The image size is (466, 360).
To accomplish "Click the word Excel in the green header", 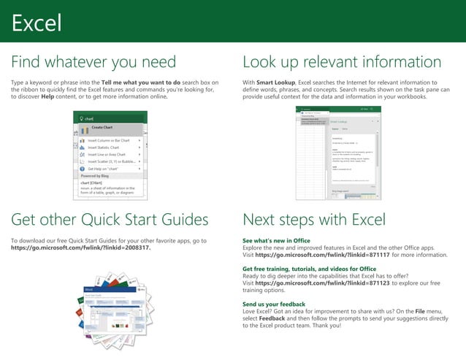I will pyautogui.click(x=35, y=23).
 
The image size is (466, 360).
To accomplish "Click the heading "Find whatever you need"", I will pyautogui.click(x=93, y=61).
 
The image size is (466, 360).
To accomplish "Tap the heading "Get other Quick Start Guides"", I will pyautogui.click(x=110, y=220).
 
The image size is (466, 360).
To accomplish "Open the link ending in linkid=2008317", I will pyautogui.click(x=81, y=248).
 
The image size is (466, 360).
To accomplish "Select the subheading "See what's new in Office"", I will pyautogui.click(x=276, y=240).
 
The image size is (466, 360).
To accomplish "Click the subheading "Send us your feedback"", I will pyautogui.click(x=274, y=303).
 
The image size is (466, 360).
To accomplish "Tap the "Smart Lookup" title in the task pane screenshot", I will pyautogui.click(x=339, y=121).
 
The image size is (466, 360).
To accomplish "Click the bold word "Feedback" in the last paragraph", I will pyautogui.click(x=274, y=318).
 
